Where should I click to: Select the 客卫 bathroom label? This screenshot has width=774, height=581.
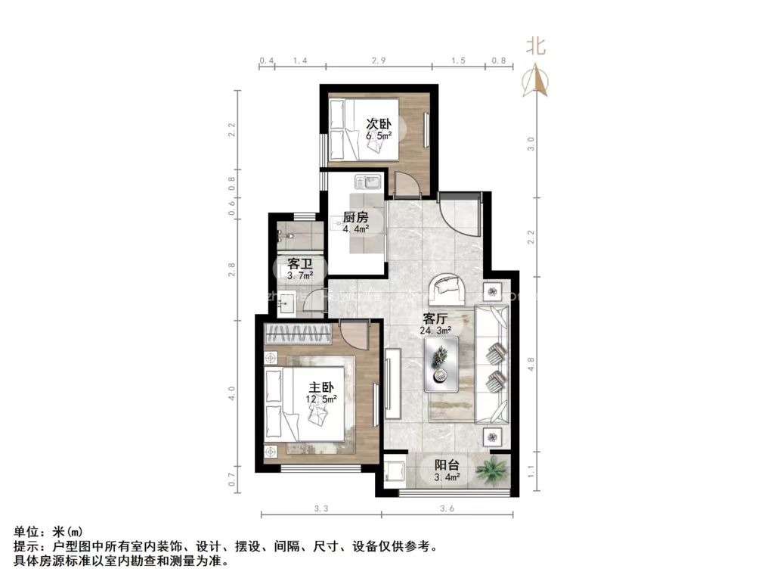click(300, 264)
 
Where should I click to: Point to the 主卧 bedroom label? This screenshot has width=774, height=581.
click(321, 387)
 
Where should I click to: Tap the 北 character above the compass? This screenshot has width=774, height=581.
click(536, 46)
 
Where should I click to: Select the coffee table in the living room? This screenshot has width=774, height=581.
click(441, 364)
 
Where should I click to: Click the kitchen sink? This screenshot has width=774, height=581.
click(371, 182)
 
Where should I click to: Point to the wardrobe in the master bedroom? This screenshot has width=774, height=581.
click(298, 334)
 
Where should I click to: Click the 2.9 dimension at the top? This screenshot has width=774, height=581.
click(379, 60)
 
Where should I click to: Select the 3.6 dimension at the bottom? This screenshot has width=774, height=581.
click(446, 509)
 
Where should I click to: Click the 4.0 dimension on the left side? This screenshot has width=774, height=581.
click(232, 393)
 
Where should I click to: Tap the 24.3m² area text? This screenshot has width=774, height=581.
click(436, 331)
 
